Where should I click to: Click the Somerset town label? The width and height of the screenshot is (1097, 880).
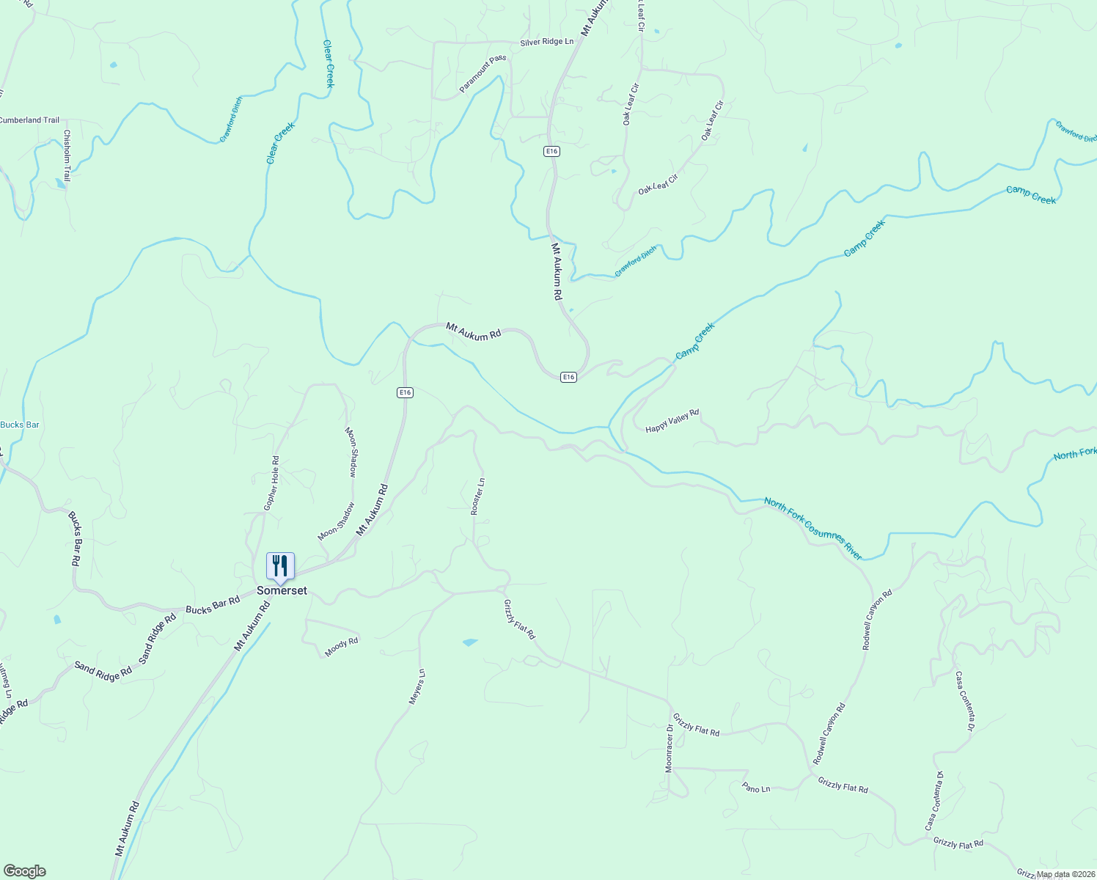click(282, 591)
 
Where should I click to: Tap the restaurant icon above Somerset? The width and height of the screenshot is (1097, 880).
click(280, 566)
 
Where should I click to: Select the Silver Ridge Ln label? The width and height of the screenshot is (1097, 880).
click(547, 42)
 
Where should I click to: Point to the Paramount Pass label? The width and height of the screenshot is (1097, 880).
click(483, 74)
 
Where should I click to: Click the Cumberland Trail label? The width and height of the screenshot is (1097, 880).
click(29, 120)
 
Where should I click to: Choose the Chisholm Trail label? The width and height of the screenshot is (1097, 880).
click(67, 155)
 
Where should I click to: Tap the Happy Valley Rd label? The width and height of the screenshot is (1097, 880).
click(672, 421)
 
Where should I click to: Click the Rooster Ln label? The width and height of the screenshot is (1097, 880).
click(477, 496)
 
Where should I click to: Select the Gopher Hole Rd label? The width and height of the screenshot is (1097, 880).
click(271, 483)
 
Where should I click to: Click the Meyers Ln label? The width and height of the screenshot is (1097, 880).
click(417, 687)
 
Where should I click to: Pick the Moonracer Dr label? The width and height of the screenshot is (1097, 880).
click(669, 748)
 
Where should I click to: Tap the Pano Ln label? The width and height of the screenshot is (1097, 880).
click(756, 788)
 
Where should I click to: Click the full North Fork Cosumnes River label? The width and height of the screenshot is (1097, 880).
click(813, 528)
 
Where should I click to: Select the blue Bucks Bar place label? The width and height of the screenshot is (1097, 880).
click(20, 425)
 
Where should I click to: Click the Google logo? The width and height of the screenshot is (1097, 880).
click(24, 871)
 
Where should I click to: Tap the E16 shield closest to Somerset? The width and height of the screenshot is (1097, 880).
click(406, 392)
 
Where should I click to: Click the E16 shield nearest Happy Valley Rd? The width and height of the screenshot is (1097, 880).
click(568, 377)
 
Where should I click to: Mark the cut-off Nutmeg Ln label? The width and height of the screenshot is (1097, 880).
click(6, 679)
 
